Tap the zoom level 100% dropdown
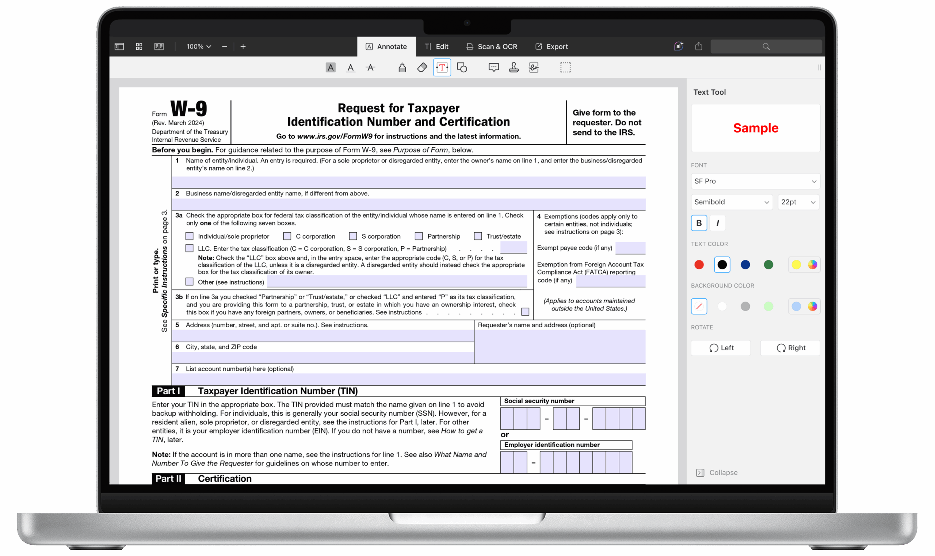pyautogui.click(x=199, y=46)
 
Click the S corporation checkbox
pyautogui.click(x=352, y=236)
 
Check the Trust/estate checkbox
pyautogui.click(x=478, y=236)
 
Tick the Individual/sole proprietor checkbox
pyautogui.click(x=190, y=236)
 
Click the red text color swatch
pyautogui.click(x=699, y=264)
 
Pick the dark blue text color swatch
pyautogui.click(x=745, y=264)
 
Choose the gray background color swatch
pyautogui.click(x=745, y=306)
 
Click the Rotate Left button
pyautogui.click(x=720, y=348)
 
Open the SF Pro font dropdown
pyautogui.click(x=755, y=181)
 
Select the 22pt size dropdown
pyautogui.click(x=798, y=202)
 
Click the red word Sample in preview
pyautogui.click(x=755, y=128)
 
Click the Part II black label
pyautogui.click(x=168, y=479)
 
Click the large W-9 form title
pyautogui.click(x=188, y=108)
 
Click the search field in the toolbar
pyautogui.click(x=766, y=46)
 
